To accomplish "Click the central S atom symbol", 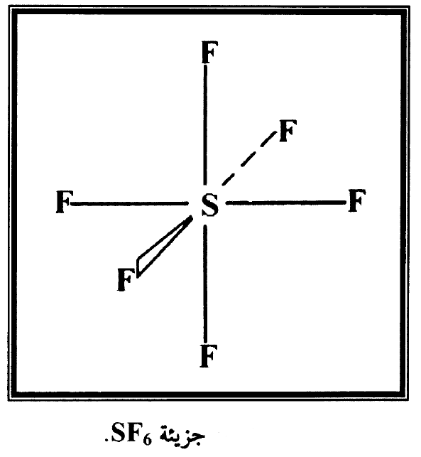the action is click(x=209, y=205).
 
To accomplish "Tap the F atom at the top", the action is click(x=209, y=53).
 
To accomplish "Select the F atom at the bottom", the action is click(x=209, y=356).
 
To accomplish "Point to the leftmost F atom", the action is click(x=65, y=202).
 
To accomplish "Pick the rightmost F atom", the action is click(x=357, y=200).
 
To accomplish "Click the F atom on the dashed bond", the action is click(x=288, y=131).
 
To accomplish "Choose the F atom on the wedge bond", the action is click(x=126, y=280).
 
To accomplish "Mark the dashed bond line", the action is click(x=249, y=158).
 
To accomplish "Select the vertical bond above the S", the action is click(x=206, y=125).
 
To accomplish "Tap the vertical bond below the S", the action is click(x=206, y=284).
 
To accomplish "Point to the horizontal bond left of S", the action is click(x=129, y=204).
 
